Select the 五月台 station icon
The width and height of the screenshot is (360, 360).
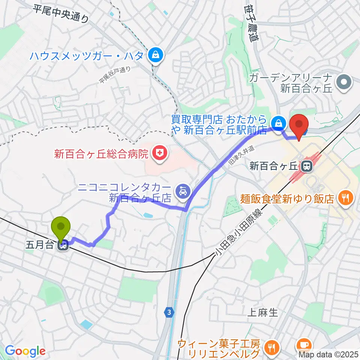(x=63, y=246)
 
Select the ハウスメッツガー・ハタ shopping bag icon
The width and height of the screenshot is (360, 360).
(x=154, y=55)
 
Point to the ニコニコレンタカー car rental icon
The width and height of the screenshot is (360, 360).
(x=182, y=190)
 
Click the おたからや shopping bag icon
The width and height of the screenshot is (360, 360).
(x=278, y=122)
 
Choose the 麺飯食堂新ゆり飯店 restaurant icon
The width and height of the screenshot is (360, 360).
(x=344, y=198)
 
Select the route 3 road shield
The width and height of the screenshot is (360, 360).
(x=170, y=312)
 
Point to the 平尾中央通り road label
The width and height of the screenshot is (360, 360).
(x=61, y=13)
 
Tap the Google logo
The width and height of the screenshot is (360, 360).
(x=25, y=351)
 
